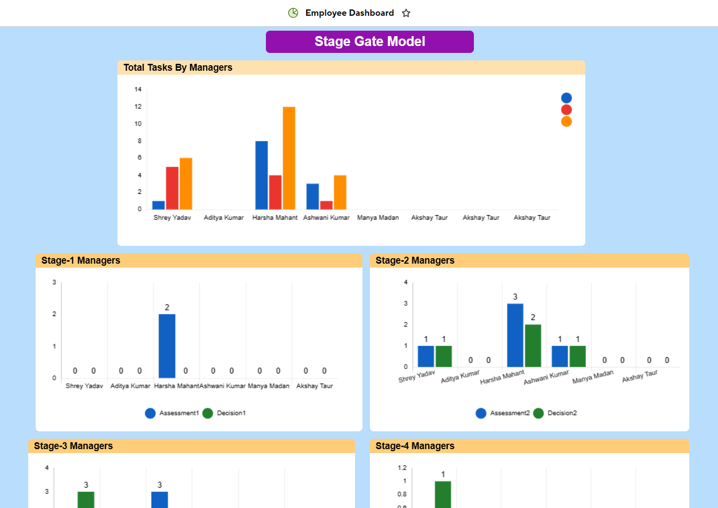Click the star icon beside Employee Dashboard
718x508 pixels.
(x=406, y=13)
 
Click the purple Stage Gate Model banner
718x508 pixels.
(x=369, y=42)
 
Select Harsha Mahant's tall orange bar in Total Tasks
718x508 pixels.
(x=289, y=158)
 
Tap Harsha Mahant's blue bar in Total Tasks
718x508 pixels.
(x=261, y=175)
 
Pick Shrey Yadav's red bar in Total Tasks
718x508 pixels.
(x=172, y=188)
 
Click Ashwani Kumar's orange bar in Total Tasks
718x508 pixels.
(x=340, y=192)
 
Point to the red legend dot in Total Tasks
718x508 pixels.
(x=566, y=110)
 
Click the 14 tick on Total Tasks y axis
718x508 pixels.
(x=138, y=90)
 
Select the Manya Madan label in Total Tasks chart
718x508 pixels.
(x=378, y=218)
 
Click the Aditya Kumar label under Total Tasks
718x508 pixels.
(x=224, y=218)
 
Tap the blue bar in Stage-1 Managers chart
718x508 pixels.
(x=167, y=346)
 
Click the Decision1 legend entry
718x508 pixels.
(x=225, y=413)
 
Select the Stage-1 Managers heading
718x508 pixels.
(x=81, y=261)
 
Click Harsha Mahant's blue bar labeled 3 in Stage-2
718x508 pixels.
(x=515, y=335)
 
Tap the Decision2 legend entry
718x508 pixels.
(x=556, y=413)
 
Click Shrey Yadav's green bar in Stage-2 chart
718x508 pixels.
(x=444, y=356)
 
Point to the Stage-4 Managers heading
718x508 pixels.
(x=415, y=446)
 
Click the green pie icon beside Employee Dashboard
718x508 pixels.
(x=293, y=13)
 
